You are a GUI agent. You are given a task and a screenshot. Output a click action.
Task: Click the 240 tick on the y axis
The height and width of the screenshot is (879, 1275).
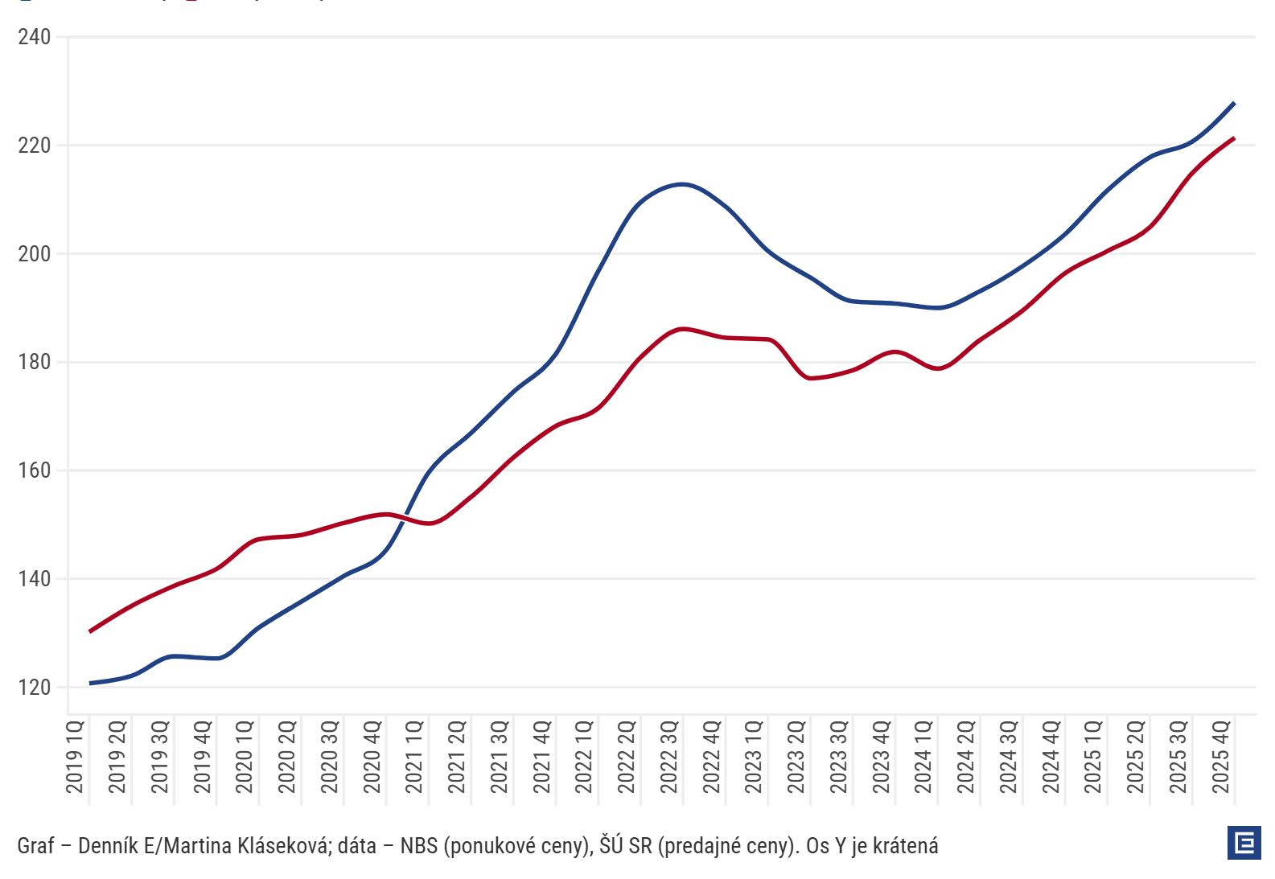coord(34,37)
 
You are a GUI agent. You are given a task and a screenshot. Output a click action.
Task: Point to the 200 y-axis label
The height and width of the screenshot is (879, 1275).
coord(34,254)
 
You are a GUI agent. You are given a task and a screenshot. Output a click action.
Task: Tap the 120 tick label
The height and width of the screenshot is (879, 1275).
coord(34,688)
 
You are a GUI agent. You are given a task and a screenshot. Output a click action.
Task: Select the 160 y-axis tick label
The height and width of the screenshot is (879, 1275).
coord(34,470)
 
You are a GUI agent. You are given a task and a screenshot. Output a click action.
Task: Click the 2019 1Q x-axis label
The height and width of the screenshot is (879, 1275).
coord(76,757)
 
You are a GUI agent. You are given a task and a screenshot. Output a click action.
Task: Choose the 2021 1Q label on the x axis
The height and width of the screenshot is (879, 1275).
coord(415,757)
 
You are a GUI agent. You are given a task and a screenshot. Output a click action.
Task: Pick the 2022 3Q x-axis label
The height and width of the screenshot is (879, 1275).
coord(670,757)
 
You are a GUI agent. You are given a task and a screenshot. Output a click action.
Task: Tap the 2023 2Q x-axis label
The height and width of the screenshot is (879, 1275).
coord(797,757)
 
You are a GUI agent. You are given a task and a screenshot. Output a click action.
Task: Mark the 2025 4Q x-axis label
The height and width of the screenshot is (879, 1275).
coord(1222,757)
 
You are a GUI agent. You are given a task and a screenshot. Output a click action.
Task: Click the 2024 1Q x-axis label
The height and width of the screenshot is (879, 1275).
coord(924,757)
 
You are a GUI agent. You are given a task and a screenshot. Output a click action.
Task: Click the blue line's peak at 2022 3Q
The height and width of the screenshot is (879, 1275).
coord(683,184)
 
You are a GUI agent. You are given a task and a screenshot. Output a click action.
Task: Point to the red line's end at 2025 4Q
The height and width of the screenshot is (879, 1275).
coord(1234,138)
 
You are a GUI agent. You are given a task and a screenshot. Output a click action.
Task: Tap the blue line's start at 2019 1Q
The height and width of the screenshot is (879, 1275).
coord(90,684)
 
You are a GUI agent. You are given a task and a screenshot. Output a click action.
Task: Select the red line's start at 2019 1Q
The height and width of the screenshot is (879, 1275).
coord(90,631)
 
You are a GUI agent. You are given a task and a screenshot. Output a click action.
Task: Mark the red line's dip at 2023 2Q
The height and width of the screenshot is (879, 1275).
coord(809,378)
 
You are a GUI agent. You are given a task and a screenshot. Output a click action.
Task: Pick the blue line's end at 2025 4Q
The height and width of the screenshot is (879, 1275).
coord(1234,103)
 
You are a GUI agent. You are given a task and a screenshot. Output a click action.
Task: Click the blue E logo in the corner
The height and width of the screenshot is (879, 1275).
coord(1244,843)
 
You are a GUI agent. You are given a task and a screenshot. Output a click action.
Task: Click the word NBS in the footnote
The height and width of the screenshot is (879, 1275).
coord(418,846)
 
